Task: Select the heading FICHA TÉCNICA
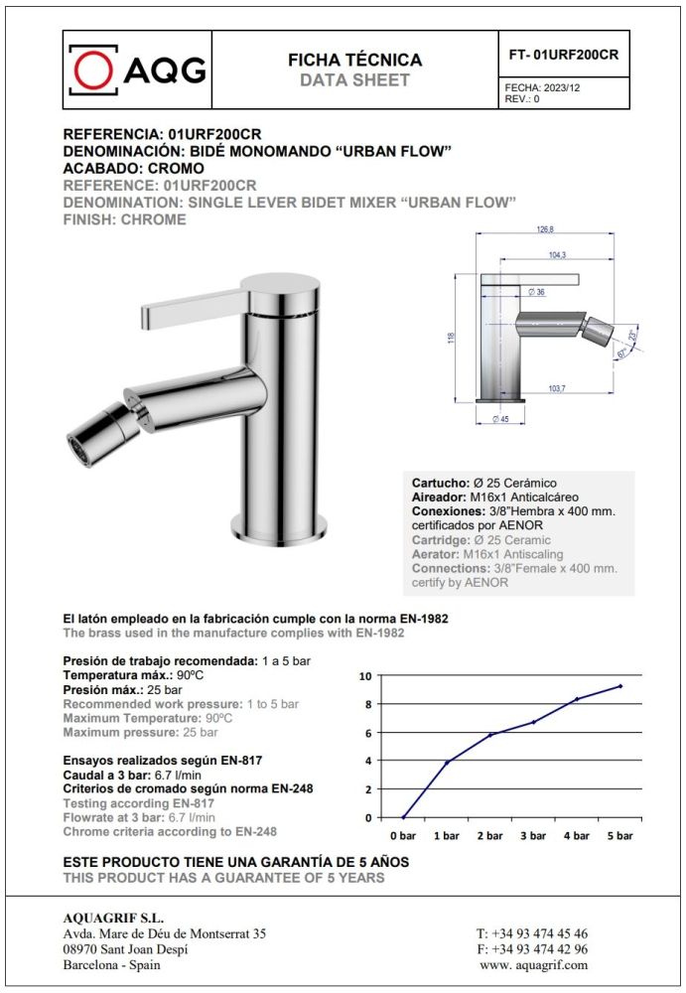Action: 354,60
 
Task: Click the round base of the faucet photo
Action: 279,531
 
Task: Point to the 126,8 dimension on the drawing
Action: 544,230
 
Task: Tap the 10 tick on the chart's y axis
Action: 365,676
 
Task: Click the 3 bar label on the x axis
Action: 533,836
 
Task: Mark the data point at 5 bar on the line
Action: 620,686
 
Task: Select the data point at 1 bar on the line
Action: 447,762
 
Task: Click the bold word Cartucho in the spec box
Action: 439,482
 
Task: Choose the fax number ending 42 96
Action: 532,948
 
